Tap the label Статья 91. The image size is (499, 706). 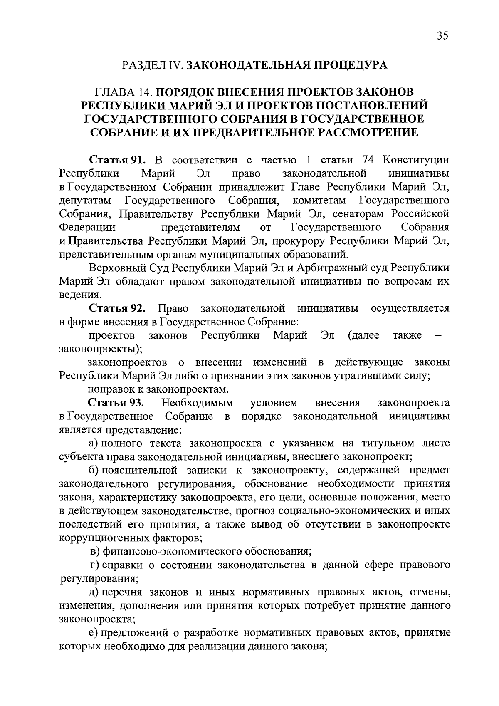pyautogui.click(x=116, y=160)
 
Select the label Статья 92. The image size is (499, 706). pyautogui.click(x=116, y=308)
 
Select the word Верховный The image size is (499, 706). pyautogui.click(x=116, y=268)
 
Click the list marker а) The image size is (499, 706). pyautogui.click(x=94, y=443)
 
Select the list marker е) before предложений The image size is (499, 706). pyautogui.click(x=94, y=633)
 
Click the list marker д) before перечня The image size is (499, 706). pyautogui.click(x=94, y=592)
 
